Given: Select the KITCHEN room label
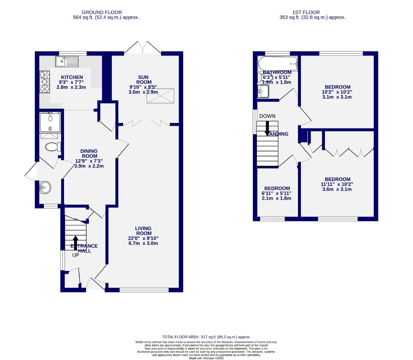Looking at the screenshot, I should (x=72, y=77).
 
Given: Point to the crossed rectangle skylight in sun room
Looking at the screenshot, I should (x=160, y=96).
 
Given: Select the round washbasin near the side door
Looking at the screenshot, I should (x=44, y=188).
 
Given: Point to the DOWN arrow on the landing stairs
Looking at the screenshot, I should (x=267, y=128).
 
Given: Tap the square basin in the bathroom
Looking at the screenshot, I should (x=264, y=91).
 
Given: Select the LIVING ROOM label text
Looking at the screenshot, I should (x=143, y=231).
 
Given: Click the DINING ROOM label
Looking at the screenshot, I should (x=89, y=153).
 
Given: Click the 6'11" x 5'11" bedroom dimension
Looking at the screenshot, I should (x=277, y=193).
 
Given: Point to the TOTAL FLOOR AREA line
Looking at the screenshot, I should (x=206, y=337).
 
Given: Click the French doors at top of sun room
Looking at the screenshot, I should (x=143, y=48).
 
